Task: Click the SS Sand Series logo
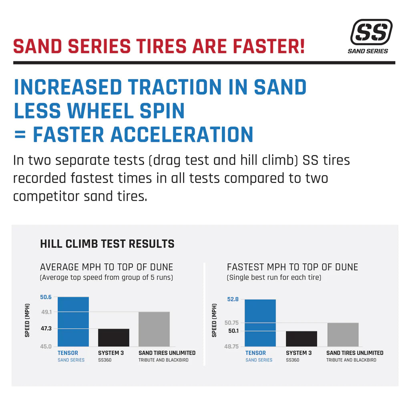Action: pos(370,36)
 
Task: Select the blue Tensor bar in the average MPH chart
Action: pos(73,322)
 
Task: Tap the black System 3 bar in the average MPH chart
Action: pos(114,338)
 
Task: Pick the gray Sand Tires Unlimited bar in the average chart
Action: pos(154,329)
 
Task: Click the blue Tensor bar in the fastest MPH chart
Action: pos(260,323)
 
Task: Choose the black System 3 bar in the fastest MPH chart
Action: pos(301,339)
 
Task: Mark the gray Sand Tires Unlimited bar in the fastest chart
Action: pos(343,334)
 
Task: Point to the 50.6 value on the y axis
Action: pos(46,297)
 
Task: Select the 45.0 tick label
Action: pos(46,346)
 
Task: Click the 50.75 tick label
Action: pos(231,323)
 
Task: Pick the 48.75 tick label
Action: pos(231,346)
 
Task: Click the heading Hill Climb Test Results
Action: pos(107,244)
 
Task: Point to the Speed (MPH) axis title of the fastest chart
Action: pos(214,320)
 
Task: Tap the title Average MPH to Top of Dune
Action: pos(107,267)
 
